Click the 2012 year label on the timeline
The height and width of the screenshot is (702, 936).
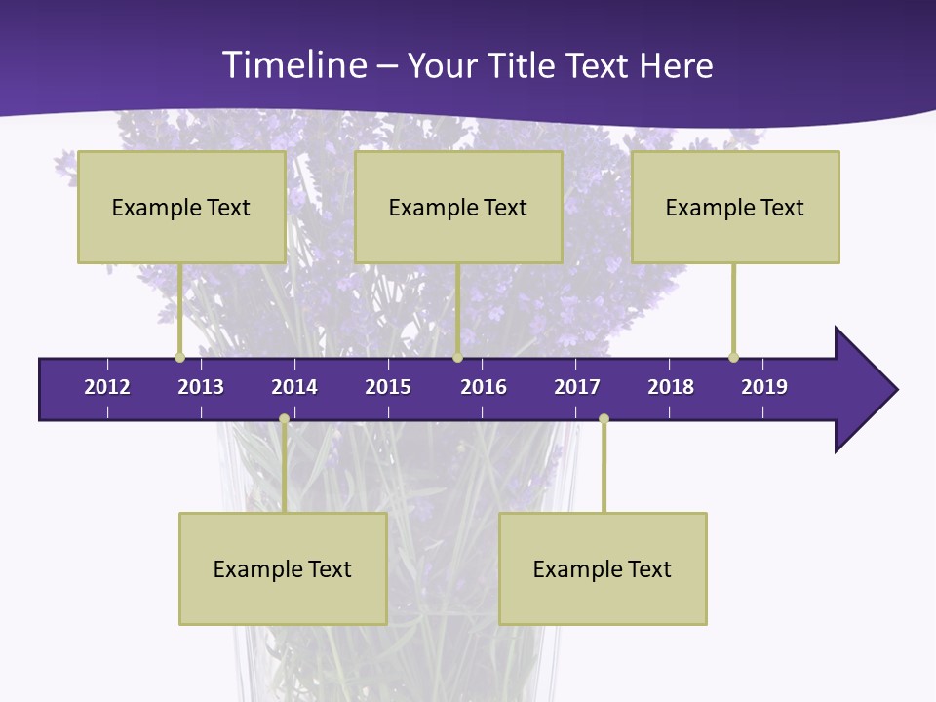point(107,387)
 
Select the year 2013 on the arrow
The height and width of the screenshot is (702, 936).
point(201,387)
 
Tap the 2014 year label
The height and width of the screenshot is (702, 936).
point(294,387)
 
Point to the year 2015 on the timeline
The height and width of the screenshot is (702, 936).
point(388,387)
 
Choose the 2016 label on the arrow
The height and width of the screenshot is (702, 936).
point(484,387)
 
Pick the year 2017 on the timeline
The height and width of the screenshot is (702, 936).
point(577,387)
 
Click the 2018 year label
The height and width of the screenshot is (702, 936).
point(671,387)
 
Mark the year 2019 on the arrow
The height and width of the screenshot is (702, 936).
point(764,387)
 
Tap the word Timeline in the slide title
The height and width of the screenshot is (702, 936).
point(293,65)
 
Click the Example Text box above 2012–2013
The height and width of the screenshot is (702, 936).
point(181,207)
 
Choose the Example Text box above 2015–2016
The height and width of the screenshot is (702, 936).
point(458,207)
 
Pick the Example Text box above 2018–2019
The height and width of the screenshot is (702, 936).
point(735,207)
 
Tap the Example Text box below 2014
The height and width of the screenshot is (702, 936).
point(283,568)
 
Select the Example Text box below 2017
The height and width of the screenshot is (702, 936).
point(603,568)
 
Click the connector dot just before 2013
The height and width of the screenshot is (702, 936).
point(180,358)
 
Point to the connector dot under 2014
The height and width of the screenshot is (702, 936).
point(284,418)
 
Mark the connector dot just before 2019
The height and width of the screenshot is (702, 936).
point(733,358)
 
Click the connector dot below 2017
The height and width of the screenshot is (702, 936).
point(604,418)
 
